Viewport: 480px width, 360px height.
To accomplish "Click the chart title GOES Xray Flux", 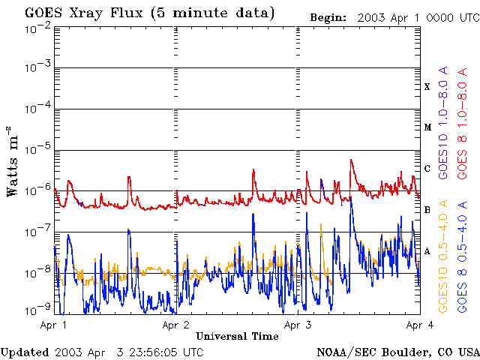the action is click(x=83, y=13).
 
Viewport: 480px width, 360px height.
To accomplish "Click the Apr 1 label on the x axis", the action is click(x=53, y=325).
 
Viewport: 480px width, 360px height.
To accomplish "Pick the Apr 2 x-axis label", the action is click(x=175, y=325).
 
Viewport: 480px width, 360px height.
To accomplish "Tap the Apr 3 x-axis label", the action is click(x=298, y=325).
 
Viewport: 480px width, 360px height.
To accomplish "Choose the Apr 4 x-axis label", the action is click(x=420, y=325).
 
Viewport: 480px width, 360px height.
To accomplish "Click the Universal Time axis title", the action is click(x=237, y=336).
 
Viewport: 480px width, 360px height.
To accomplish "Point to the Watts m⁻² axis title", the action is click(x=13, y=161).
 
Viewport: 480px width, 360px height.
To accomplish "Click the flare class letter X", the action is click(x=427, y=87).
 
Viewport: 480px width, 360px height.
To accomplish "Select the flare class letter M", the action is click(x=427, y=127).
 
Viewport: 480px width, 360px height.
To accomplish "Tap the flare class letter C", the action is click(x=427, y=168).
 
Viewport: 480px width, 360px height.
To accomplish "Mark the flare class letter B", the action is click(x=427, y=210).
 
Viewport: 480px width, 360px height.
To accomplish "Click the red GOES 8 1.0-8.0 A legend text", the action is click(x=462, y=123).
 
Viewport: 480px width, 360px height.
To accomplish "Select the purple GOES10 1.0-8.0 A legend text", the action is click(x=443, y=122).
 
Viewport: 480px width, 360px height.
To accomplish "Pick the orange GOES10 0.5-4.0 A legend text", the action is click(x=443, y=256).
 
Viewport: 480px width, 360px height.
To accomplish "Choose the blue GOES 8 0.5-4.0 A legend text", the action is click(x=462, y=256).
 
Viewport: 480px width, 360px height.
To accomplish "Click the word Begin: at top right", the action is click(x=328, y=18).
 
